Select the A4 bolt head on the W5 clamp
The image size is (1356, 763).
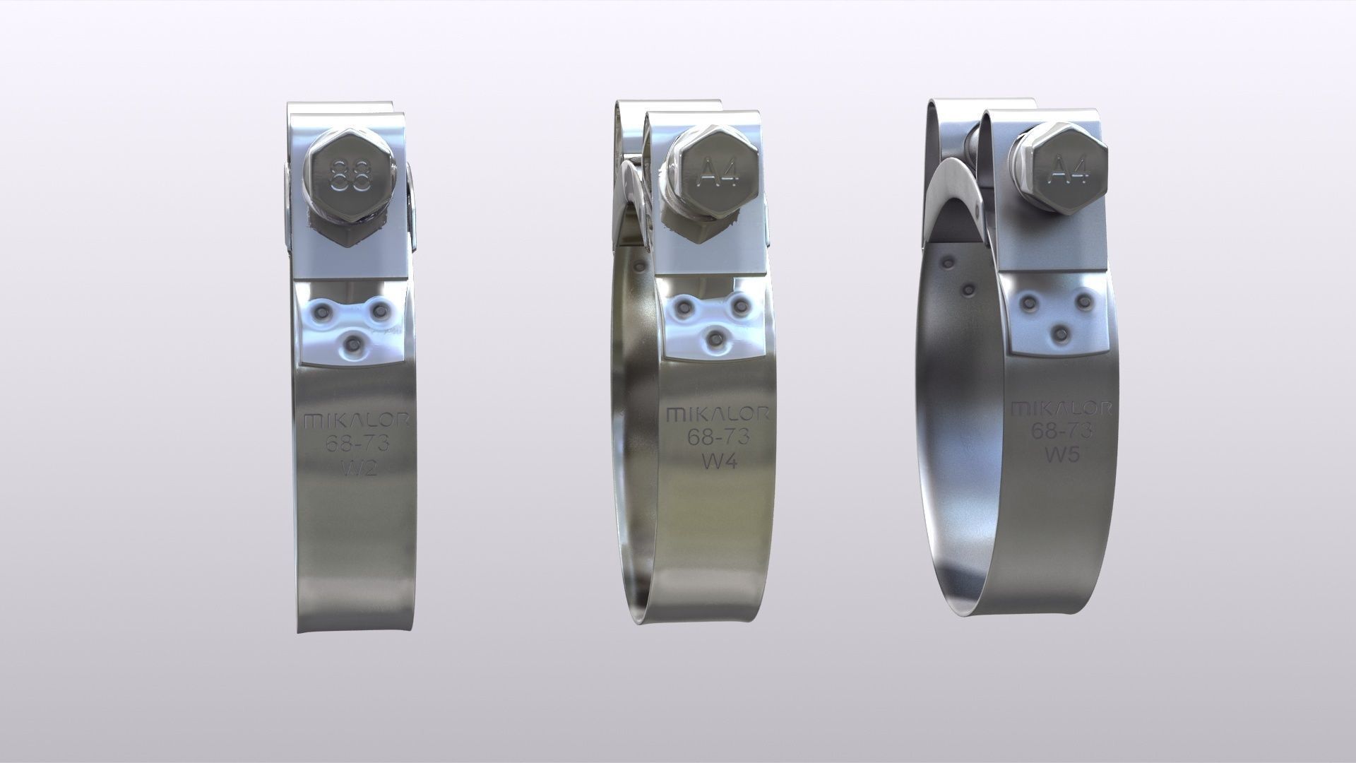pyautogui.click(x=1058, y=169)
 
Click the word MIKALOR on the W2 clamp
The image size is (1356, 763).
pyautogui.click(x=356, y=421)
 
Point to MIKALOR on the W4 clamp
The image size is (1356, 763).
pyautogui.click(x=718, y=413)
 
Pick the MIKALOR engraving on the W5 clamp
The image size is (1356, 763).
pyautogui.click(x=1061, y=408)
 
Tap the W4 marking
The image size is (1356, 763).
pyautogui.click(x=718, y=460)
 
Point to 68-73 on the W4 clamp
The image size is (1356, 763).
pyautogui.click(x=718, y=437)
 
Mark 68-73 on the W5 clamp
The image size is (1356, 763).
pyautogui.click(x=1061, y=430)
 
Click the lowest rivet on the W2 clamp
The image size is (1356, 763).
pyautogui.click(x=352, y=344)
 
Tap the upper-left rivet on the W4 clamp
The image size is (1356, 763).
pyautogui.click(x=684, y=306)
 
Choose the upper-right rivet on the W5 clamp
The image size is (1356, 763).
pyautogui.click(x=1084, y=302)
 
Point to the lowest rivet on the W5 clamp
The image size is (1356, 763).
pyautogui.click(x=1057, y=332)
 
